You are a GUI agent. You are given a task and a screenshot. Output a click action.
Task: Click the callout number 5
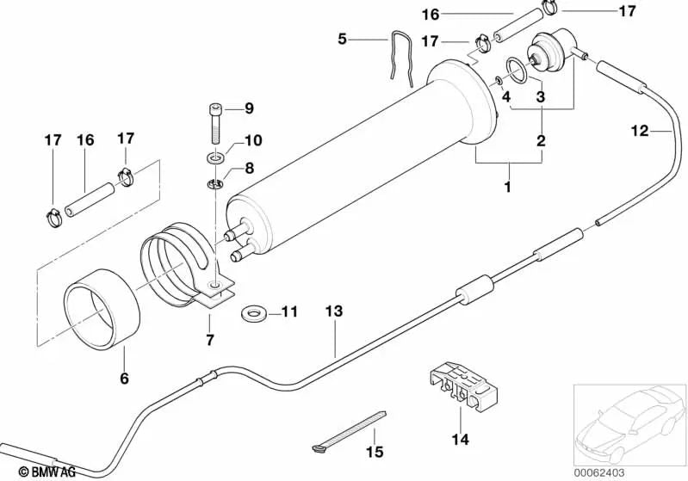(x=342, y=38)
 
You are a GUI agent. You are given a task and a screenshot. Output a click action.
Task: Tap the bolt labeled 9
(x=214, y=125)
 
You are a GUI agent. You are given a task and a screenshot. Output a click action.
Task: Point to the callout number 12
(x=640, y=131)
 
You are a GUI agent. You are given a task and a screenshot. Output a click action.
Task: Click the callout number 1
(x=508, y=186)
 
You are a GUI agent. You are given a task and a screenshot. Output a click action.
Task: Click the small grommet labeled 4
(x=499, y=82)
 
